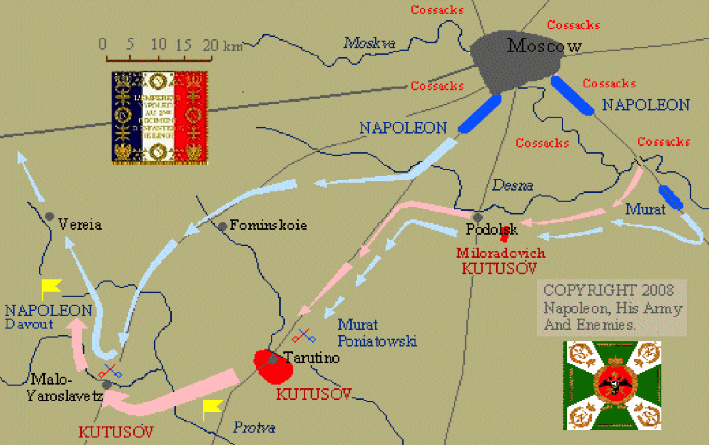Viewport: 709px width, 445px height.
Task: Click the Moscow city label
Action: tap(544, 46)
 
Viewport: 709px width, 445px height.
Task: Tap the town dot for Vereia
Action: tap(49, 216)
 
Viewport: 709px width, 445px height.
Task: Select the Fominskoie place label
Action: tap(268, 225)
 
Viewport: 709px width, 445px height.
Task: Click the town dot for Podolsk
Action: tap(478, 217)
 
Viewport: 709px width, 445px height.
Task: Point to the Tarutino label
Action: tap(312, 357)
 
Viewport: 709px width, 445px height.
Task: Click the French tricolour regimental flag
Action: tap(160, 118)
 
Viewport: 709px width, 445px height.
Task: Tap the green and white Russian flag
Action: tap(612, 386)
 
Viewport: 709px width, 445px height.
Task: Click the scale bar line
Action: tap(159, 59)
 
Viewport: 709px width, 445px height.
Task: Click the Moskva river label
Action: tap(369, 43)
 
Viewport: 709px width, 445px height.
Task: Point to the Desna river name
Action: tap(512, 185)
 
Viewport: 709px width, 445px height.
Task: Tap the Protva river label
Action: tap(254, 427)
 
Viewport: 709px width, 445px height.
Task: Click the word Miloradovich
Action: tap(501, 253)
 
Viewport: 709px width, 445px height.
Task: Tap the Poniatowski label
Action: tap(377, 341)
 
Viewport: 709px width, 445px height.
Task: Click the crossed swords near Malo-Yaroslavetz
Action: tap(110, 371)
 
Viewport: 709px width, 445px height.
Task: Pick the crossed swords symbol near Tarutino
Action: tap(304, 336)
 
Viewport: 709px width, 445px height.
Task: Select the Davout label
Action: tap(29, 324)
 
